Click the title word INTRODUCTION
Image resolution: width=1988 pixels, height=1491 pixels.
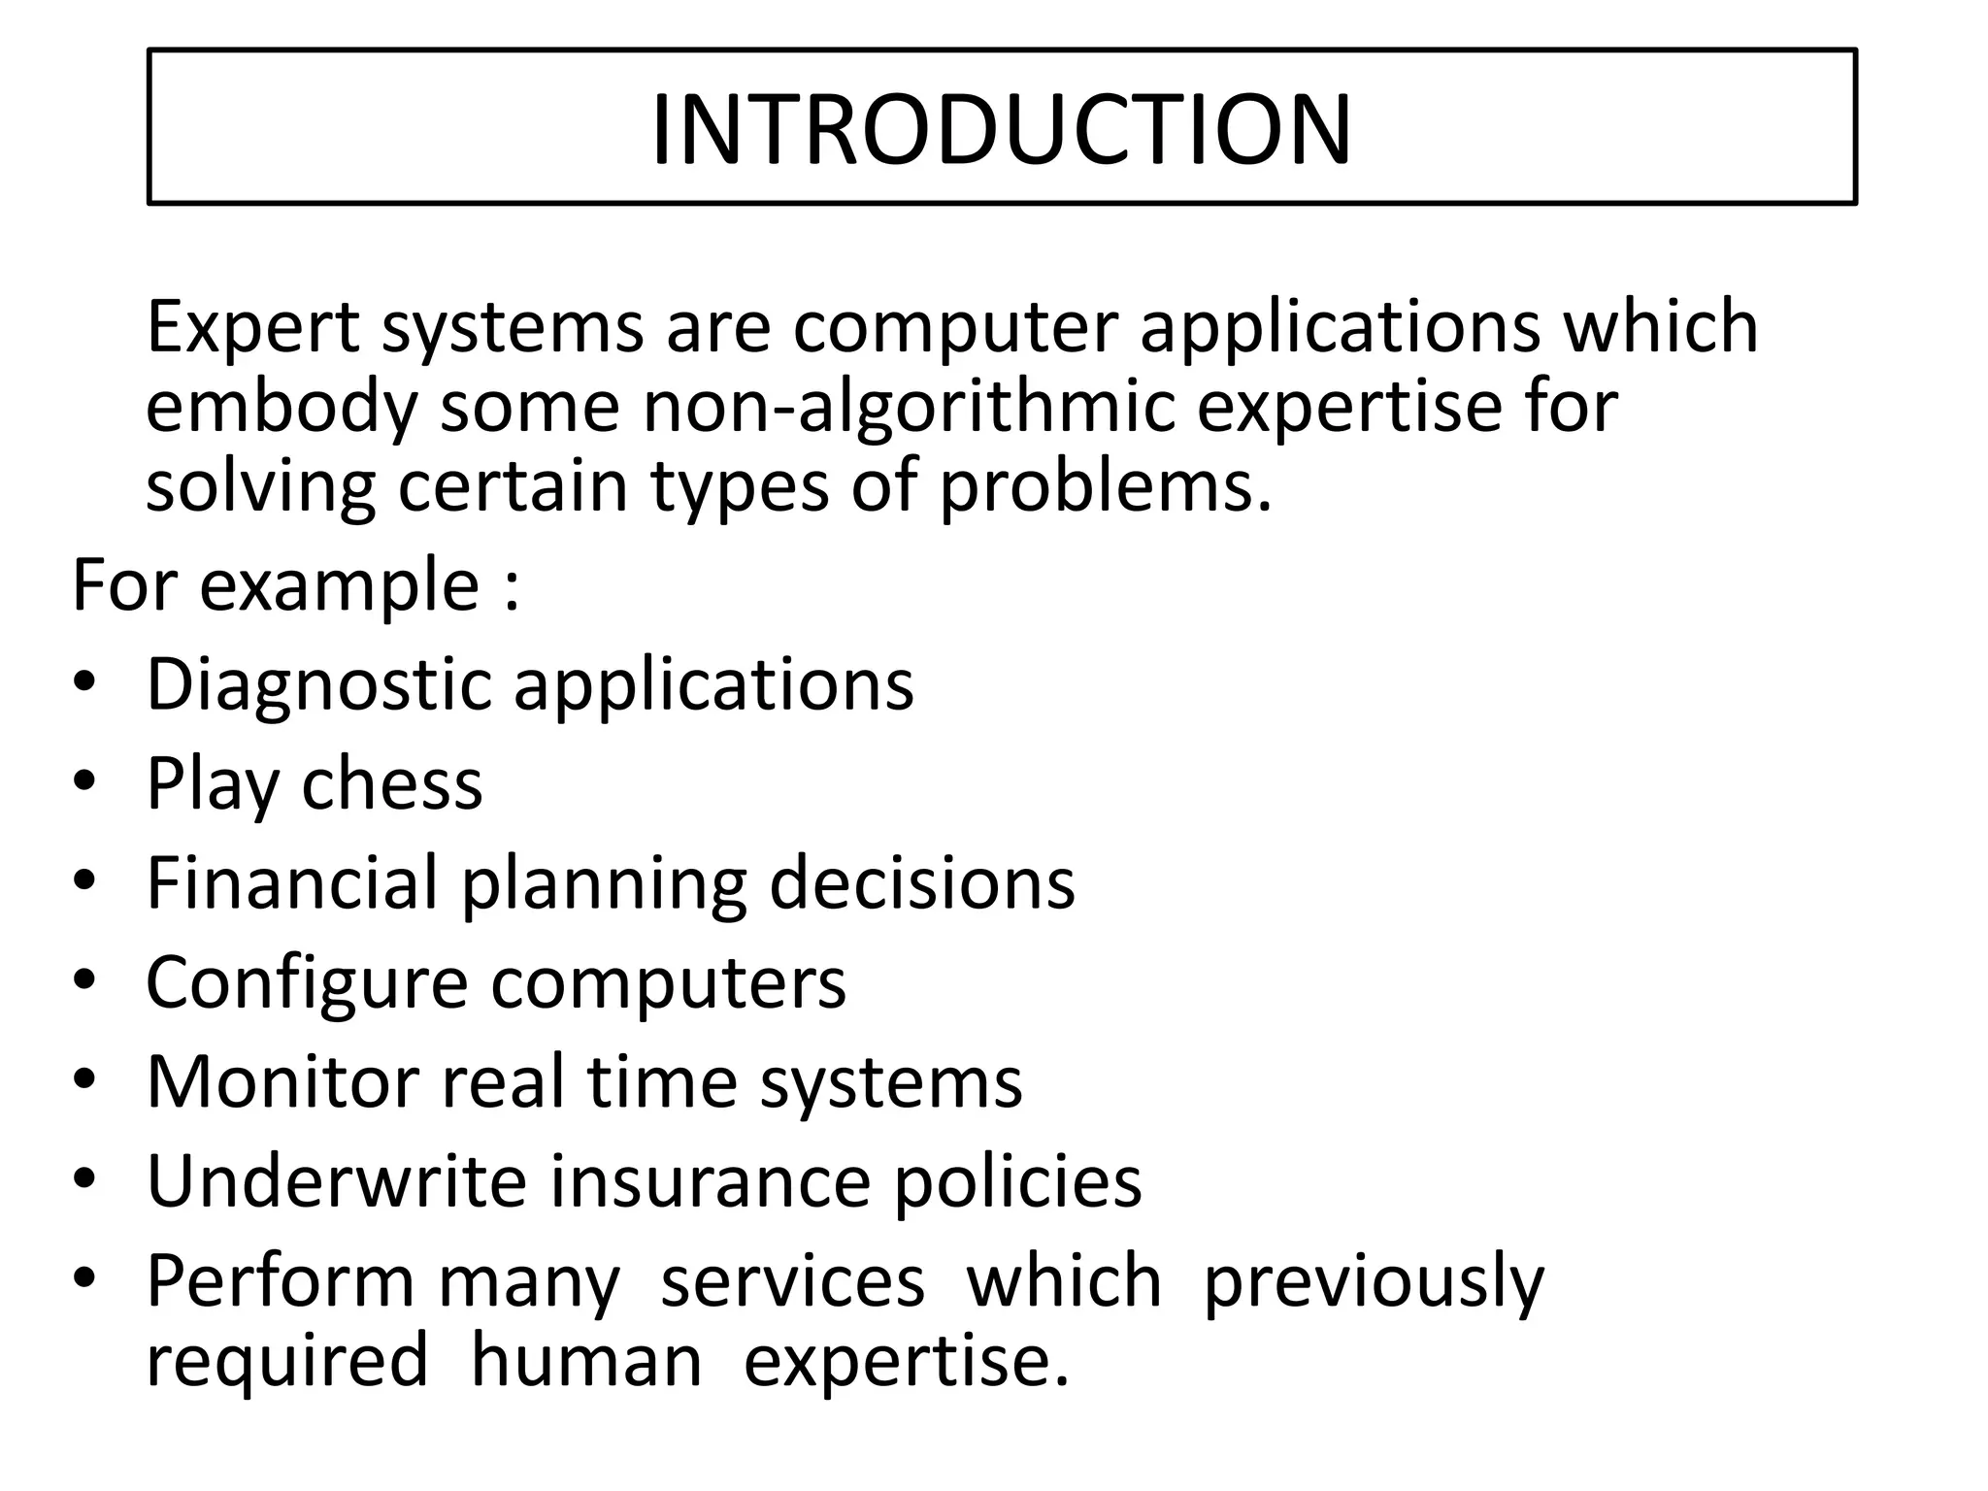click(1001, 130)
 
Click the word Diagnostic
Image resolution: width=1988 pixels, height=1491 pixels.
click(320, 685)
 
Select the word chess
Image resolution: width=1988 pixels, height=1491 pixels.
click(391, 783)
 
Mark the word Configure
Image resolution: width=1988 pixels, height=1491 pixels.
click(308, 983)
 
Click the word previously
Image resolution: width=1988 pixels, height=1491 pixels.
click(1374, 1282)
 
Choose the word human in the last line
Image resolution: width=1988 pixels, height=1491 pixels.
click(586, 1360)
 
